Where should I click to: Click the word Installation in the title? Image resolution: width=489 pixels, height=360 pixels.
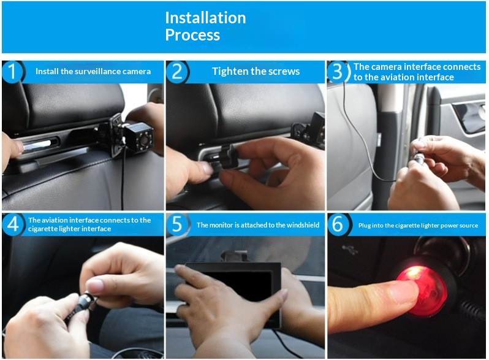coord(205,18)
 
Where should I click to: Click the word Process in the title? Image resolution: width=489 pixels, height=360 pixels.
coord(192,35)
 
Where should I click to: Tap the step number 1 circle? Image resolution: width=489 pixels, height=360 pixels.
coord(12,72)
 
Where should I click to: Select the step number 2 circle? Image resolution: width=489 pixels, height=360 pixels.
coord(177,72)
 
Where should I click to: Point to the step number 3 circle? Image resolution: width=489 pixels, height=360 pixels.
coord(338,72)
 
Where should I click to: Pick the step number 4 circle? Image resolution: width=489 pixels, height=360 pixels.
coord(12,224)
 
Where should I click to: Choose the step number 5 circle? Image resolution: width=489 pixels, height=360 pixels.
coord(177,224)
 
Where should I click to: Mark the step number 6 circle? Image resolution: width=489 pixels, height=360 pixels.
coord(338,224)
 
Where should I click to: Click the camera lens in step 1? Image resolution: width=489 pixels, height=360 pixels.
coord(144,140)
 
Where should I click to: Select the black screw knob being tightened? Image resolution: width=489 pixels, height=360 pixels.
coord(229,157)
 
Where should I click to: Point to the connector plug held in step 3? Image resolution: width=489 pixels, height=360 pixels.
coord(419,157)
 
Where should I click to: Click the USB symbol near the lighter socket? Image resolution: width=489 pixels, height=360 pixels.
coord(349,249)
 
